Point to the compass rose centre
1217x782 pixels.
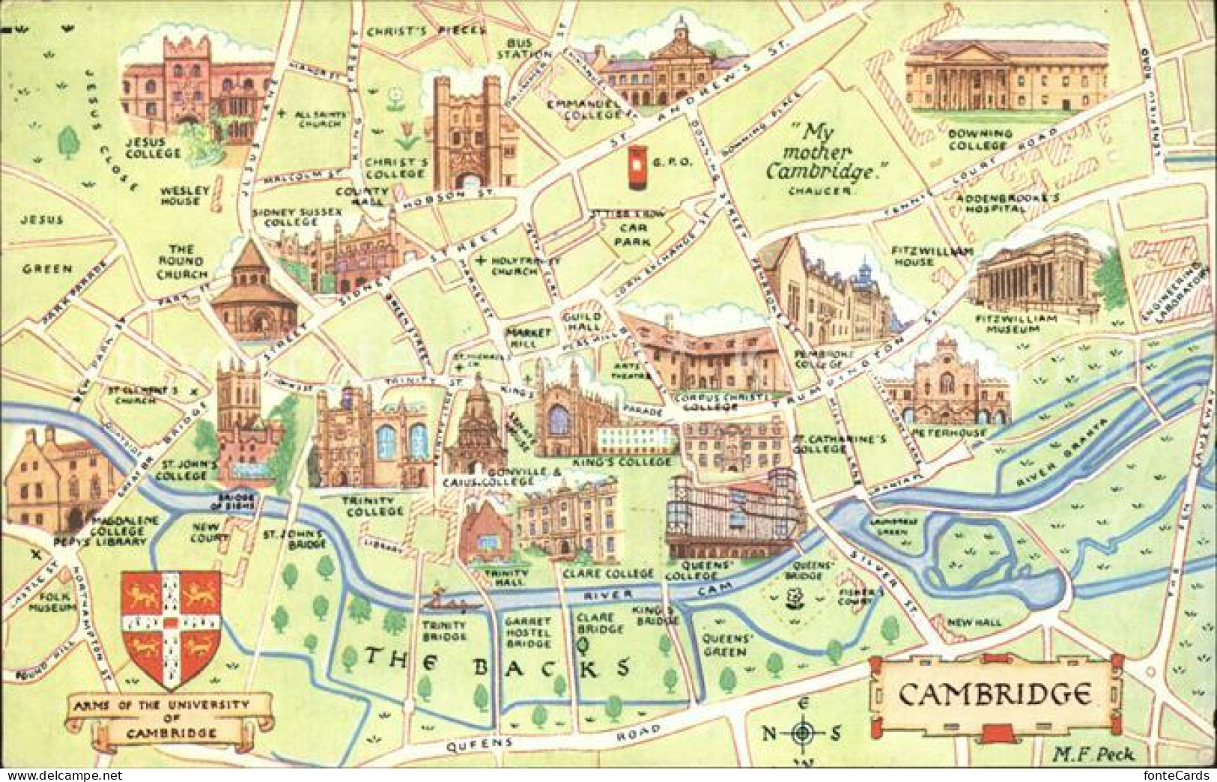[803, 733]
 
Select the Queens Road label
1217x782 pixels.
[553, 737]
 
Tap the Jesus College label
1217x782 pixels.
[154, 147]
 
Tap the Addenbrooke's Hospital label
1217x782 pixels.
[1001, 203]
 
